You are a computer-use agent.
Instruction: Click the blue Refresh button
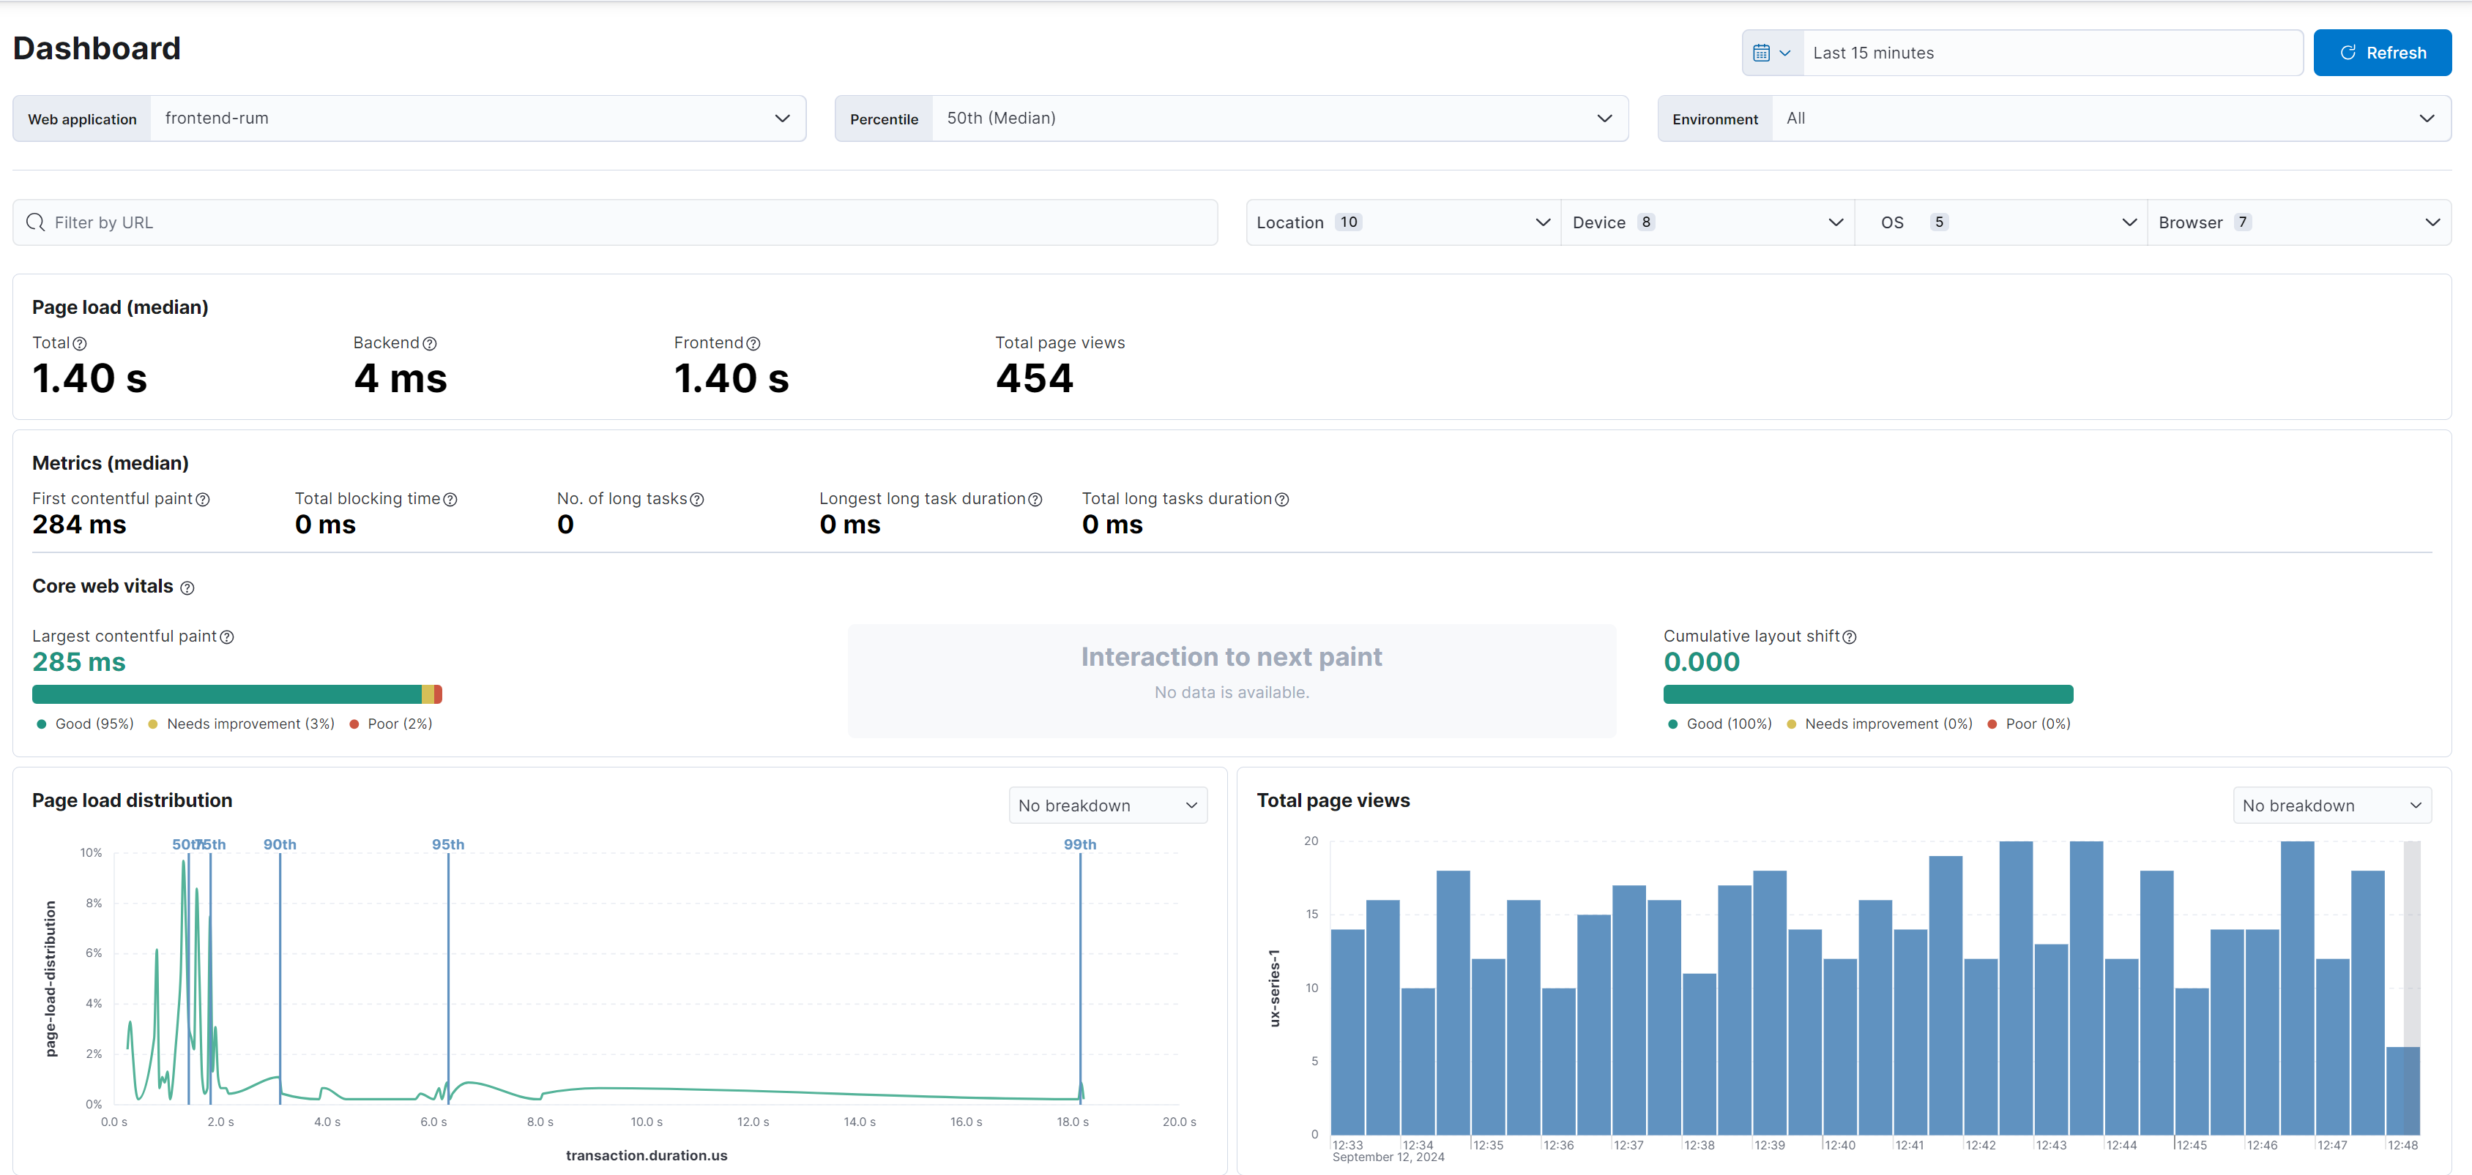(x=2382, y=53)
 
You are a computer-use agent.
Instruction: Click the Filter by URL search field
(x=614, y=222)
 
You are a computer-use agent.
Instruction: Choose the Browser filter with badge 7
(x=2298, y=222)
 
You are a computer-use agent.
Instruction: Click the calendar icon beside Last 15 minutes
(x=1762, y=53)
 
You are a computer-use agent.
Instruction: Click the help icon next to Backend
(x=430, y=343)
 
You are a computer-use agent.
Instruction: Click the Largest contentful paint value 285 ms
(x=78, y=662)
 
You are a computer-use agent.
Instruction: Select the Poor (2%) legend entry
(x=399, y=724)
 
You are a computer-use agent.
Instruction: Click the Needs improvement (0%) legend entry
(x=1888, y=724)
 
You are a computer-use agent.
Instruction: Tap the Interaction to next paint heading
(x=1231, y=657)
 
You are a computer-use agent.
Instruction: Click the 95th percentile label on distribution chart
(x=448, y=844)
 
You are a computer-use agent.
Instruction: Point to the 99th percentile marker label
(x=1079, y=844)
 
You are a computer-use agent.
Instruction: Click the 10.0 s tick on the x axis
(x=646, y=1122)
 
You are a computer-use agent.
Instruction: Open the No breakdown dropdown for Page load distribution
(x=1107, y=806)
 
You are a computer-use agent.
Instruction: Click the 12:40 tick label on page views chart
(x=1839, y=1145)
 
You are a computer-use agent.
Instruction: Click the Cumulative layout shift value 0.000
(x=1700, y=662)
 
